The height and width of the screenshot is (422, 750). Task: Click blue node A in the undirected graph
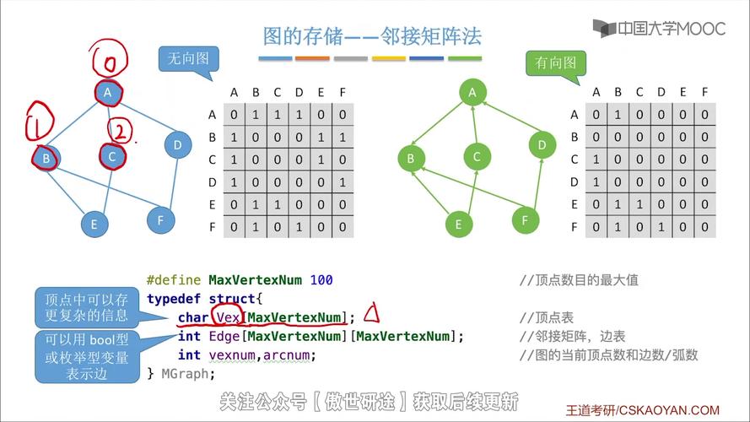pyautogui.click(x=108, y=93)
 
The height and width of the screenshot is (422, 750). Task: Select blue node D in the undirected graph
pyautogui.click(x=177, y=145)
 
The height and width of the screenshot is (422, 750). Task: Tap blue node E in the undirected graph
pyautogui.click(x=94, y=224)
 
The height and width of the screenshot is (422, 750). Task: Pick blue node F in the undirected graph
pyautogui.click(x=160, y=220)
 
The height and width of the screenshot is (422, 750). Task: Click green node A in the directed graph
pyautogui.click(x=472, y=92)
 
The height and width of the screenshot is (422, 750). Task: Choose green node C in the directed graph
pyautogui.click(x=477, y=156)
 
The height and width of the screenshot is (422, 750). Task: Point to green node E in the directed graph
pyautogui.click(x=459, y=224)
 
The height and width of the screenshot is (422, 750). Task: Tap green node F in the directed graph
pyautogui.click(x=526, y=220)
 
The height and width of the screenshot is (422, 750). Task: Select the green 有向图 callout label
pyautogui.click(x=556, y=62)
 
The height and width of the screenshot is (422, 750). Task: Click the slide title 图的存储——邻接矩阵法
pyautogui.click(x=372, y=36)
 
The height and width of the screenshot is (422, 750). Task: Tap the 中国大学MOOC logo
pyautogui.click(x=659, y=28)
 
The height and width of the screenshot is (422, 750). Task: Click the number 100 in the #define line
pyautogui.click(x=321, y=279)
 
